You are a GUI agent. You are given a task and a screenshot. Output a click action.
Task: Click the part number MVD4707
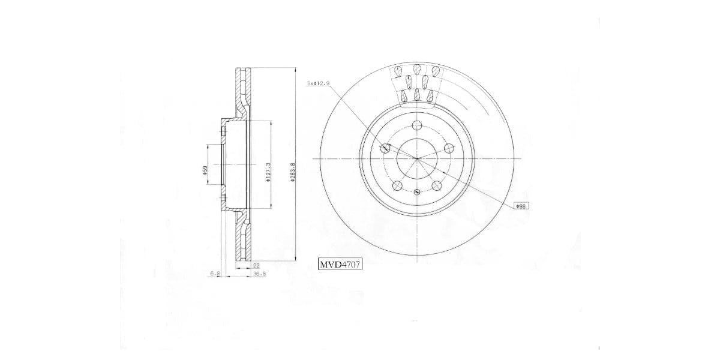340,263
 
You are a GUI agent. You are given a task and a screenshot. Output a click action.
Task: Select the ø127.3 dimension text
268,173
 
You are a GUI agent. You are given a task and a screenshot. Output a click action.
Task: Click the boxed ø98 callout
521,206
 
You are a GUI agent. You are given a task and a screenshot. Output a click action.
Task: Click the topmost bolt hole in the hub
416,125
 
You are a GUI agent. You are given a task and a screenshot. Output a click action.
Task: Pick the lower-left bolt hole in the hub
397,185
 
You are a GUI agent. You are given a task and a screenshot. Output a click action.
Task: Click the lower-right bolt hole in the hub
436,185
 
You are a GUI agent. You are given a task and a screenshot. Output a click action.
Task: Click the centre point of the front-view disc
416,158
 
